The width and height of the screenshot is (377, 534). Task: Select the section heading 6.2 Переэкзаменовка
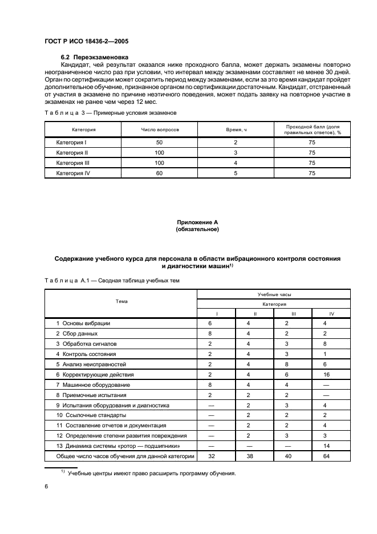(95, 57)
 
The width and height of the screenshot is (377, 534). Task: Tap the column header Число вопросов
(160, 130)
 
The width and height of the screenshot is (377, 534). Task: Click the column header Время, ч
(236, 130)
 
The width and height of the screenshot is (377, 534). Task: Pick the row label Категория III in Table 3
(72, 163)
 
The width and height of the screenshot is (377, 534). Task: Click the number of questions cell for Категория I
(159, 141)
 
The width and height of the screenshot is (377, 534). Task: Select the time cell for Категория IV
(236, 173)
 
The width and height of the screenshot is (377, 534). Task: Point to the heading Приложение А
(197, 221)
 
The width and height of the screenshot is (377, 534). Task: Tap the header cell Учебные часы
(274, 295)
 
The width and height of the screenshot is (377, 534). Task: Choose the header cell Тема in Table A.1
(121, 301)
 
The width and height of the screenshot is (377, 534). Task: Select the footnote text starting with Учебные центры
(151, 474)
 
